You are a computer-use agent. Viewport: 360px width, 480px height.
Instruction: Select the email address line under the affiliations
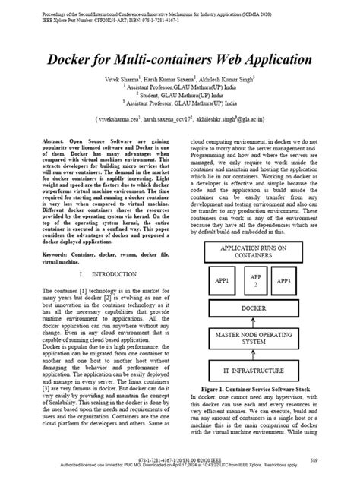179,120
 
